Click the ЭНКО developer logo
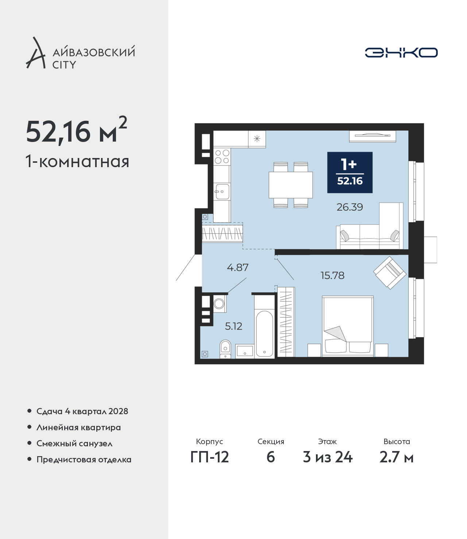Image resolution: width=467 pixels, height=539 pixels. [401, 53]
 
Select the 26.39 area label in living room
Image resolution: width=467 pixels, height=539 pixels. [350, 207]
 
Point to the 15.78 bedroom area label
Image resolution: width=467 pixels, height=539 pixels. [332, 276]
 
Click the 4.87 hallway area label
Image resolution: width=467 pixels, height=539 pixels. [238, 267]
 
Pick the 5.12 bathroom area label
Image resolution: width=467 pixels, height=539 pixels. [233, 326]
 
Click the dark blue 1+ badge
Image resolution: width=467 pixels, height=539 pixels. [350, 172]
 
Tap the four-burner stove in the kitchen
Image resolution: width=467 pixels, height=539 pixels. [222, 157]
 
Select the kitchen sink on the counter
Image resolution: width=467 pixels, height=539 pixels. [222, 191]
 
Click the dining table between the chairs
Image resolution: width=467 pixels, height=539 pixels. [291, 185]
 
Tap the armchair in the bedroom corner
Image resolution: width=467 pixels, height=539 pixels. [390, 273]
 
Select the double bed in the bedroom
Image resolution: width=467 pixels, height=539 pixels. [348, 326]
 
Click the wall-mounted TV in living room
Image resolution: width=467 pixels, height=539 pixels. [373, 136]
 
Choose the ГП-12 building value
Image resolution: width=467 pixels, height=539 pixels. [210, 457]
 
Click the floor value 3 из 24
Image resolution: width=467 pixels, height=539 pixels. [328, 457]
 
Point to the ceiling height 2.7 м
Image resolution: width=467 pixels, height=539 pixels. [397, 457]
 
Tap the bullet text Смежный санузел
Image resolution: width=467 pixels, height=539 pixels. [74, 443]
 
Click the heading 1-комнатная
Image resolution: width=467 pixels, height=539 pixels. [77, 162]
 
